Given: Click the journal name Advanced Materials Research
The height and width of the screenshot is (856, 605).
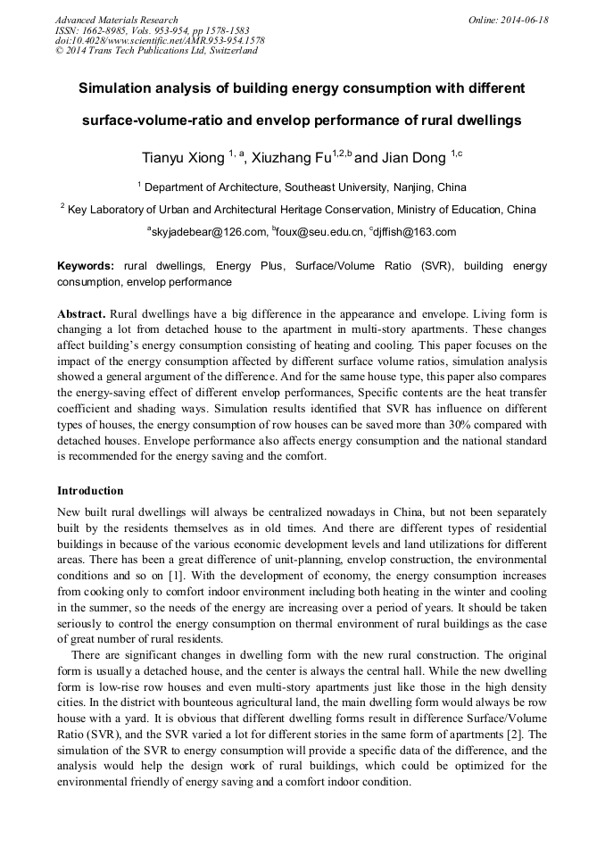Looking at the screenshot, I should tap(116, 20).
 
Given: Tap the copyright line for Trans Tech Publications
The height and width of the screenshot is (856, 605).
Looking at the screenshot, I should tap(156, 51).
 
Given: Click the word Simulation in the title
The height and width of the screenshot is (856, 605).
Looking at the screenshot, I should tap(119, 89).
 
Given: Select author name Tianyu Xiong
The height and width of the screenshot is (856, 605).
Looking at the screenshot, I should tap(183, 158).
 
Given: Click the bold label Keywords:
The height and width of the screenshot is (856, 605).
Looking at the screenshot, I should tap(86, 266).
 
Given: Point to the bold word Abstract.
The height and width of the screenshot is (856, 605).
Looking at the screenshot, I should tap(81, 314).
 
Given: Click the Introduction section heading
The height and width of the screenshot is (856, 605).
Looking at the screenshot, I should tap(90, 490).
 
